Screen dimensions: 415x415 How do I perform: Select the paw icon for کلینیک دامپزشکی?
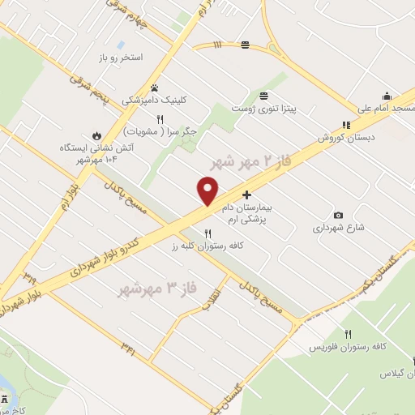[154, 88]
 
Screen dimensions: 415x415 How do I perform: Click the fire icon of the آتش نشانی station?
[96, 135]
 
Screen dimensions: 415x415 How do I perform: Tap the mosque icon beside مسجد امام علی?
[387, 95]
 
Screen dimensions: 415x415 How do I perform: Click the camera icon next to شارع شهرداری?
[338, 215]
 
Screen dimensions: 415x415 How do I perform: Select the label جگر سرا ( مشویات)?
[160, 130]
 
